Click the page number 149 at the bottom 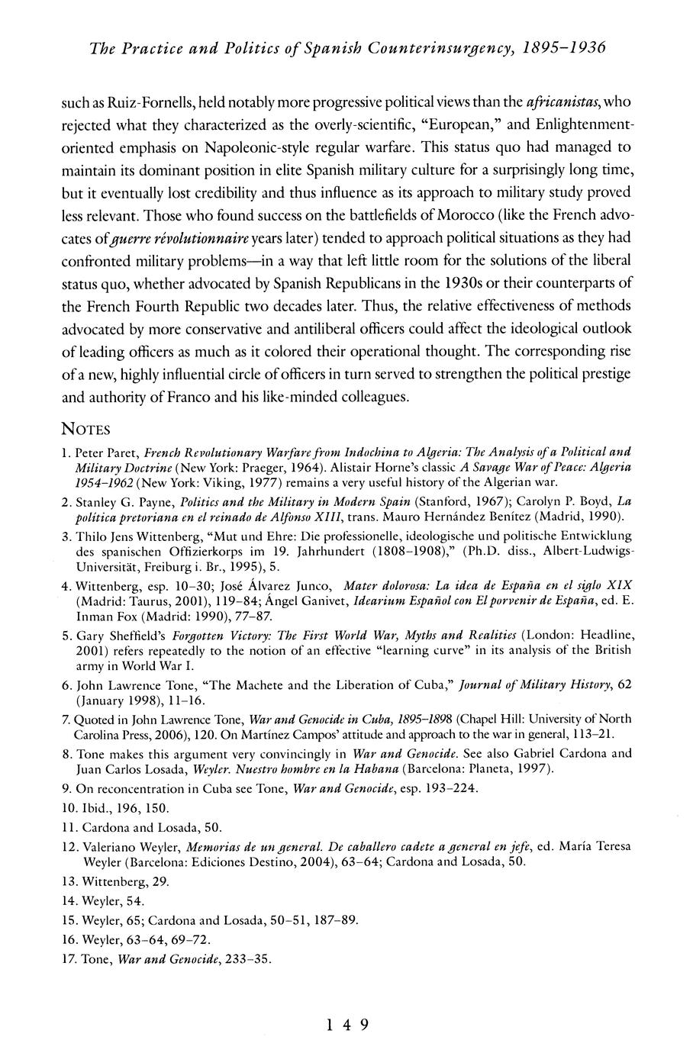[x=346, y=1025]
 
